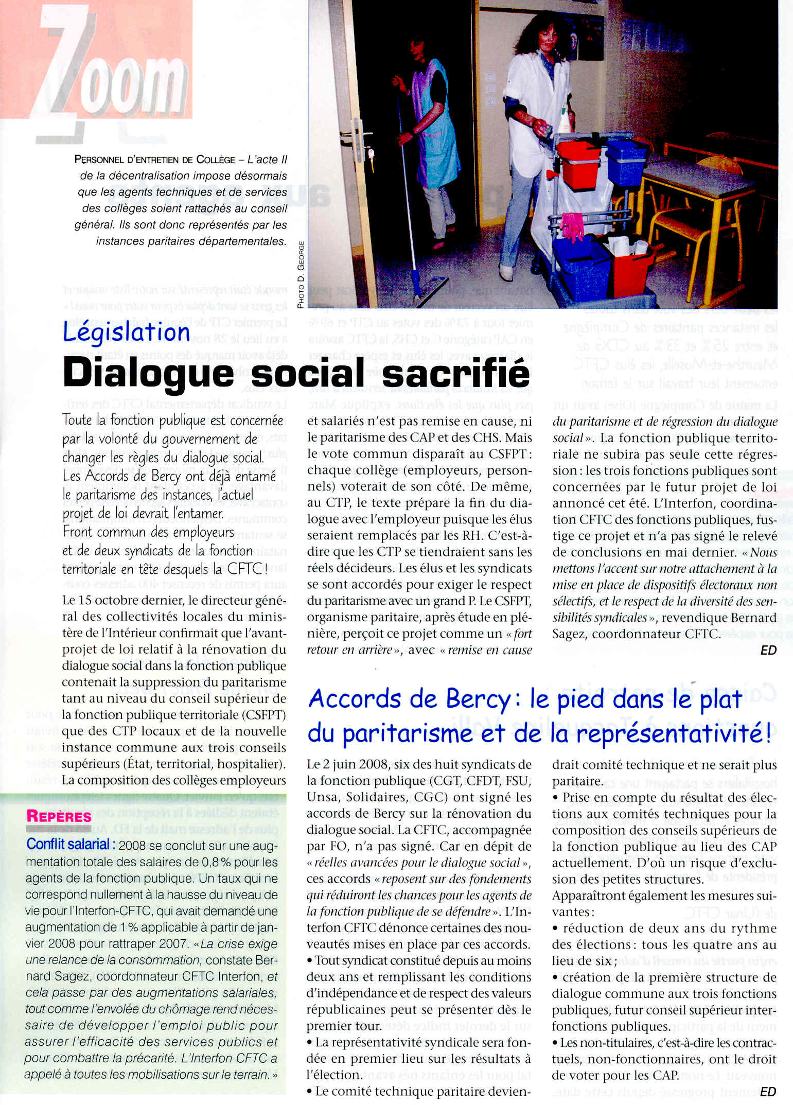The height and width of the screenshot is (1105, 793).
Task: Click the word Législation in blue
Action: pos(127,332)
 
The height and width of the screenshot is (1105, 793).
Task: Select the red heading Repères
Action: pos(59,816)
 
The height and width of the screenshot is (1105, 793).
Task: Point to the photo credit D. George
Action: pos(301,275)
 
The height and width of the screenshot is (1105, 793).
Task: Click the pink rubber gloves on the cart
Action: pos(572,226)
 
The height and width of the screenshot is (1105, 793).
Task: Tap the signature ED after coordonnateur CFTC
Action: pos(768,651)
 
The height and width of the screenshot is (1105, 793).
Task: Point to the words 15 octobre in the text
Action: pos(113,601)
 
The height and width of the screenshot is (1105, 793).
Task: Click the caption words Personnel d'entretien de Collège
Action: pos(155,160)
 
